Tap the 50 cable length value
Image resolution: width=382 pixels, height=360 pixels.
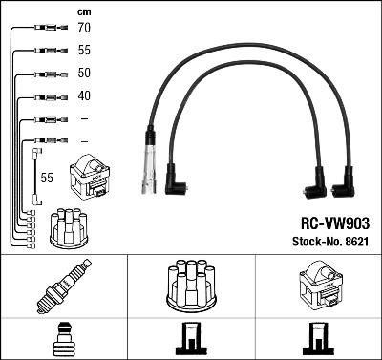[84, 74]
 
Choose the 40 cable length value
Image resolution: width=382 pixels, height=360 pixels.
[84, 95]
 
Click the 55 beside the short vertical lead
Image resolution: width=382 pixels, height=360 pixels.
[47, 178]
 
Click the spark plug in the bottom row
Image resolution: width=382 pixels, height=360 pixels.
[64, 286]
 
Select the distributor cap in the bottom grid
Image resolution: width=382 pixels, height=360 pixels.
[191, 285]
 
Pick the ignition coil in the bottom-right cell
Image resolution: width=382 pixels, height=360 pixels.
[318, 286]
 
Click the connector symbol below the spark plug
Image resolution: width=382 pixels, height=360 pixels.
[64, 339]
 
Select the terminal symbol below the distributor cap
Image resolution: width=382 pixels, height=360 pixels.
[191, 339]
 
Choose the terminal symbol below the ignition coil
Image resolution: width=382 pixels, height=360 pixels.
[318, 339]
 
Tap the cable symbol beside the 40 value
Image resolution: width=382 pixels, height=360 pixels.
[46, 96]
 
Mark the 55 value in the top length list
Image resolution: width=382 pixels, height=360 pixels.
[84, 52]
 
